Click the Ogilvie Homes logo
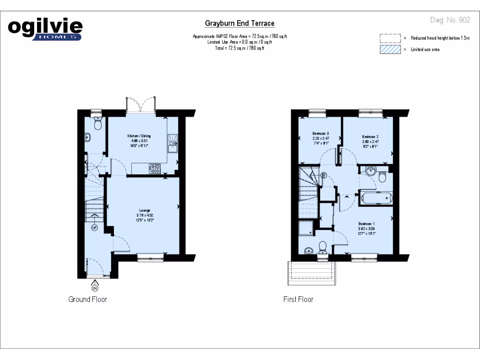tap(45, 29)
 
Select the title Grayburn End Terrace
tap(240, 23)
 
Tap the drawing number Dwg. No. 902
tap(450, 20)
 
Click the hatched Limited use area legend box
tap(390, 49)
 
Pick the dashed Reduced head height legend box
tap(390, 38)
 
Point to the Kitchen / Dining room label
tap(139, 136)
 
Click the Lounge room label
tap(144, 210)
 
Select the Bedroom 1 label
tap(367, 224)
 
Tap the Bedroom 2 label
tap(370, 137)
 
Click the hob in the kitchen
tap(155, 168)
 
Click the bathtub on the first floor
tap(376, 198)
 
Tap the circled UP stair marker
tap(94, 228)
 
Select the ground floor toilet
tap(97, 123)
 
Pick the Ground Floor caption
tap(88, 299)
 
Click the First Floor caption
tap(298, 299)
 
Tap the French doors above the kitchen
tap(141, 105)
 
